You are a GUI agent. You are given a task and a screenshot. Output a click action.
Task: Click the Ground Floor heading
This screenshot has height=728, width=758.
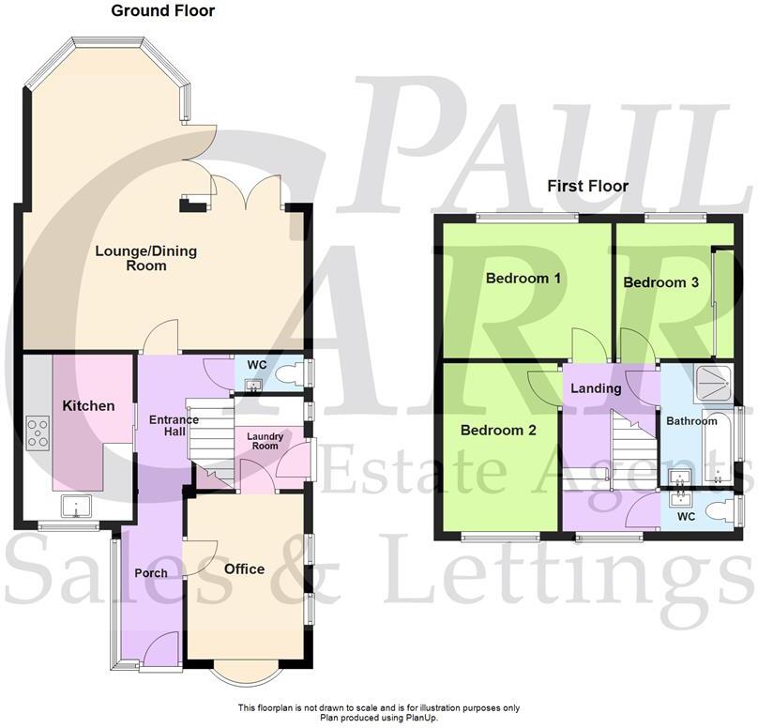point(162,11)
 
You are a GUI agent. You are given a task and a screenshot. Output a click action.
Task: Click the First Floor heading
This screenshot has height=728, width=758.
point(588,186)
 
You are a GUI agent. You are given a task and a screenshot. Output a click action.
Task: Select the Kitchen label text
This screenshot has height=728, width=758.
point(88,406)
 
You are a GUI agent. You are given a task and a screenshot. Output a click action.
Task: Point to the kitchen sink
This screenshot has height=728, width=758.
point(73,507)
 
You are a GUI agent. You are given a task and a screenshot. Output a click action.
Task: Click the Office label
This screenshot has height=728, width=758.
point(244,569)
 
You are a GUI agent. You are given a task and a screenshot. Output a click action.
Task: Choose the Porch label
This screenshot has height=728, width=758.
point(151,572)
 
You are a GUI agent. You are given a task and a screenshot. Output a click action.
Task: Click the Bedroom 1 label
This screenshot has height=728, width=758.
point(523,279)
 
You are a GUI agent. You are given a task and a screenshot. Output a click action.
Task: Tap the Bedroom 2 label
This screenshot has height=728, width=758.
point(498,431)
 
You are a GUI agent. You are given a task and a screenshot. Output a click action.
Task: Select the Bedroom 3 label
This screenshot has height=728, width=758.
point(661,282)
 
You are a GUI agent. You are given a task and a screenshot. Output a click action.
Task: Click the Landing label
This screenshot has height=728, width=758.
point(597,388)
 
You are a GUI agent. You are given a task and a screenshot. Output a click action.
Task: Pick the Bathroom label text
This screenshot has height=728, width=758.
point(691,421)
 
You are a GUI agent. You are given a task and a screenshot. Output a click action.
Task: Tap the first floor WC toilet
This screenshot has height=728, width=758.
point(717,511)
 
